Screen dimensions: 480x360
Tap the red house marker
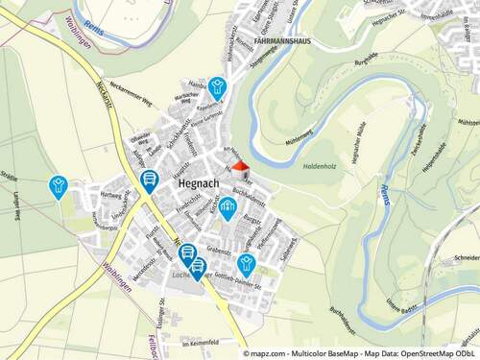241,167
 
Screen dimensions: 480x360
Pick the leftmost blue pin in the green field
59,184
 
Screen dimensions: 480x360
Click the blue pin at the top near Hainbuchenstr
218,86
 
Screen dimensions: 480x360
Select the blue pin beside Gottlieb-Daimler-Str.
246,262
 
